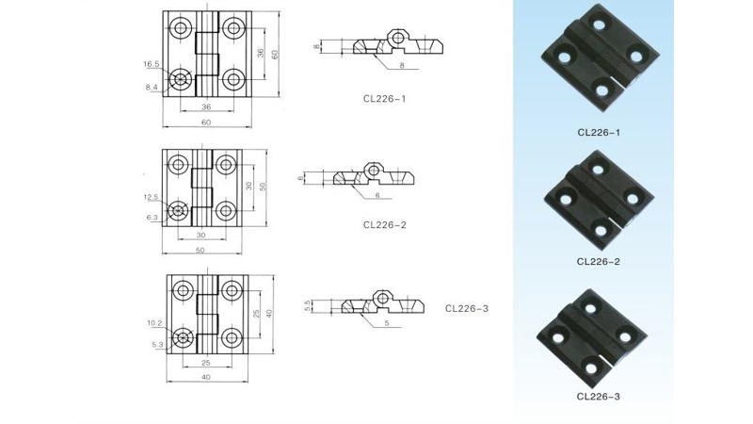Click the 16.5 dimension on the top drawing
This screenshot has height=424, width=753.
point(151,64)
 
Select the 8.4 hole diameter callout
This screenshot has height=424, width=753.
point(152,87)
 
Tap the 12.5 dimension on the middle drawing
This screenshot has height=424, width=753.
point(151,197)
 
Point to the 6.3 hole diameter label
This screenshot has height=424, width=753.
point(152,218)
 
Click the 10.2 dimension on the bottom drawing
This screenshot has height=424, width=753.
point(154,323)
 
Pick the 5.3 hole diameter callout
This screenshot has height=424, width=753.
point(157,345)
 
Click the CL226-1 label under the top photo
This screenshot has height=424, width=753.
point(599,133)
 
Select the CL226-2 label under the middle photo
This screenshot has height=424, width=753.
point(599,262)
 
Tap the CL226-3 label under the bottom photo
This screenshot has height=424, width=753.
point(599,397)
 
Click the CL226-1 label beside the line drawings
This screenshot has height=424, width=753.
point(385,99)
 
